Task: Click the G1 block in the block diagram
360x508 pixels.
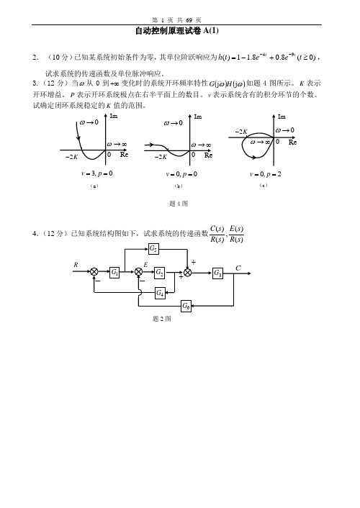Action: click(x=114, y=272)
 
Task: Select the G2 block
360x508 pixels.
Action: click(x=159, y=273)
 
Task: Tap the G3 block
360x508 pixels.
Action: click(x=217, y=273)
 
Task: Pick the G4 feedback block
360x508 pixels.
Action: click(x=160, y=293)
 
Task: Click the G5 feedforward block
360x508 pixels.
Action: click(x=153, y=249)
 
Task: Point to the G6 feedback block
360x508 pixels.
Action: click(x=186, y=306)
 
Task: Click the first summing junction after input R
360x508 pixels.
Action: click(x=94, y=271)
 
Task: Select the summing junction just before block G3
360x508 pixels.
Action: click(x=187, y=273)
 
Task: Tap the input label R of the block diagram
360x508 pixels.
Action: click(x=76, y=265)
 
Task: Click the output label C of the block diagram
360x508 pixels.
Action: click(x=238, y=268)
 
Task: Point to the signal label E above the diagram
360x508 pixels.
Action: click(x=145, y=265)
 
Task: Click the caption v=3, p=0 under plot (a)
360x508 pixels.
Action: click(x=97, y=173)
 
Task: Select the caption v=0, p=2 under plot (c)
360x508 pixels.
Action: click(x=265, y=174)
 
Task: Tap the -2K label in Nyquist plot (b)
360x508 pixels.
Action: click(x=161, y=157)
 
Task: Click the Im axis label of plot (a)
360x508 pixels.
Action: click(x=114, y=116)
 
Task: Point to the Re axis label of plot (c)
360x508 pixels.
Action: click(x=292, y=142)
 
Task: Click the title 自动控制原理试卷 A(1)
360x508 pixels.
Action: click(x=176, y=31)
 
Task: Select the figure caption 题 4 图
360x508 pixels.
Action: click(x=179, y=204)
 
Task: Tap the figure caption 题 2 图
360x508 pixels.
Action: click(x=162, y=319)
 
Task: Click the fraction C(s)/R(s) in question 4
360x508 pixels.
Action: click(x=217, y=234)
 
